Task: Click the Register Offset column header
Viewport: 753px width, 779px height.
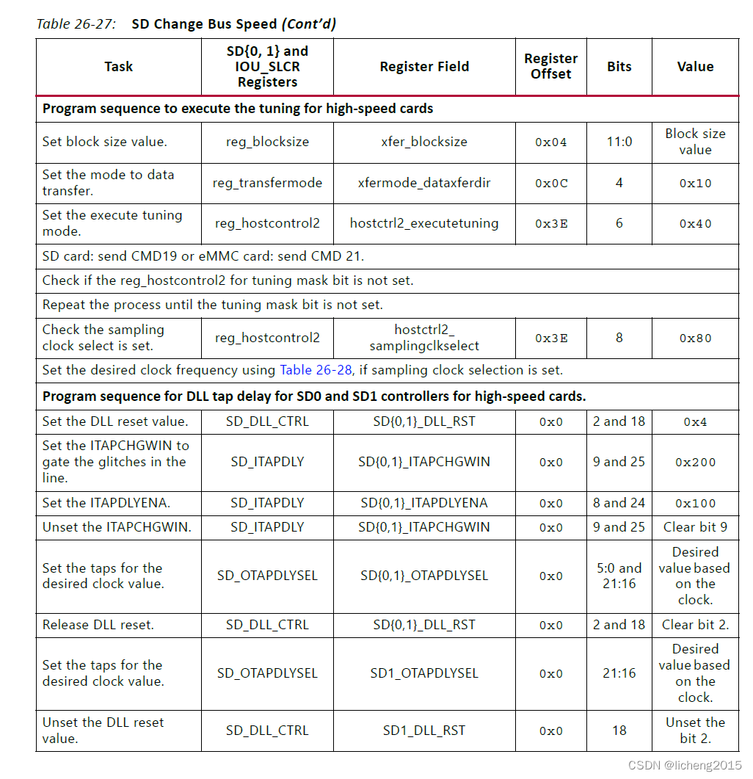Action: pyautogui.click(x=550, y=66)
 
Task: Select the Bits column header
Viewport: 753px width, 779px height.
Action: pyautogui.click(x=619, y=67)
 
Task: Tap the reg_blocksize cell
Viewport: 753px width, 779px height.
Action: pyautogui.click(x=267, y=142)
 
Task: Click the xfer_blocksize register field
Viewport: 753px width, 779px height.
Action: pyautogui.click(x=423, y=142)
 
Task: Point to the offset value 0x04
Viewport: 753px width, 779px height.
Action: pyautogui.click(x=550, y=142)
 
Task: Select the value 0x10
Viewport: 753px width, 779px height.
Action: pyautogui.click(x=694, y=184)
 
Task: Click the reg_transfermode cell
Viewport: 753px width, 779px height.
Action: pyautogui.click(x=267, y=184)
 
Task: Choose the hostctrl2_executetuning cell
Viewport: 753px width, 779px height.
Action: pyautogui.click(x=423, y=224)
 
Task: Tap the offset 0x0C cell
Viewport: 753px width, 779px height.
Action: pyautogui.click(x=550, y=184)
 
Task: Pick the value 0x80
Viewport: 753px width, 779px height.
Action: pyautogui.click(x=694, y=338)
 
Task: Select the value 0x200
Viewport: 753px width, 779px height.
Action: pyautogui.click(x=694, y=463)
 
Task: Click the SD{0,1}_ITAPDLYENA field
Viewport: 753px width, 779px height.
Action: pyautogui.click(x=423, y=504)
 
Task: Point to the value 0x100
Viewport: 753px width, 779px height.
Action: pyautogui.click(x=694, y=504)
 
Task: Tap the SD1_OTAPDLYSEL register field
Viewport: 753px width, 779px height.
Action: pyautogui.click(x=423, y=673)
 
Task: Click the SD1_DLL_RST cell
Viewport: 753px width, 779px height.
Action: pyautogui.click(x=423, y=731)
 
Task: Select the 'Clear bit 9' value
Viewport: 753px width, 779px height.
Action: pyautogui.click(x=694, y=527)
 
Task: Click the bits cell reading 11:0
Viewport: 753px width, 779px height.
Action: pyautogui.click(x=619, y=142)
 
